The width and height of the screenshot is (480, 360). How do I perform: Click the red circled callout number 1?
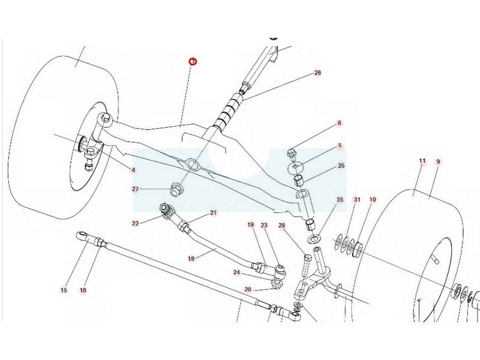click(x=193, y=62)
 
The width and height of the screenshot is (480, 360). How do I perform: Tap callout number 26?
click(x=317, y=73)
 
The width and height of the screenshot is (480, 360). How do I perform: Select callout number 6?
click(x=339, y=124)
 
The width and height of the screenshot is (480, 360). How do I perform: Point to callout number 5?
click(x=339, y=145)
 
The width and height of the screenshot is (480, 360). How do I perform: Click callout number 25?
click(x=341, y=166)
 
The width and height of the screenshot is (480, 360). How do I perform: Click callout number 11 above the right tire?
click(x=422, y=161)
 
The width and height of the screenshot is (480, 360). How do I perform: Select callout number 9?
click(x=438, y=161)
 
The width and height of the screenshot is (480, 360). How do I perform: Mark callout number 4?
click(x=133, y=170)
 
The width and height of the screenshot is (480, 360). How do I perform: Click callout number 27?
click(x=136, y=190)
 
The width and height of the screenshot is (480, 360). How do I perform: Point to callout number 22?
click(x=136, y=223)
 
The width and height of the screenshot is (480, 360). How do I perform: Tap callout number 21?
click(x=213, y=213)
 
